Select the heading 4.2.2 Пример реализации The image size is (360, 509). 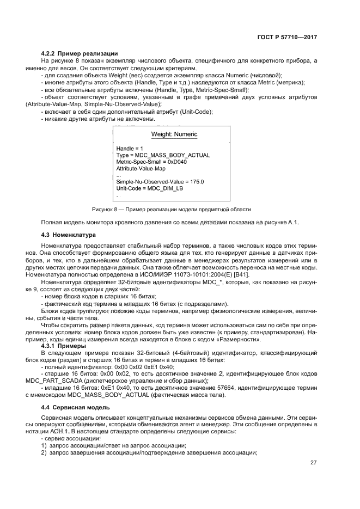[x=80, y=53]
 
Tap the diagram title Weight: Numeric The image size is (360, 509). [x=174, y=134]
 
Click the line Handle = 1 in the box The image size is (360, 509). [x=130, y=148]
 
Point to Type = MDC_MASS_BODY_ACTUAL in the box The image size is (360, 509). [x=163, y=155]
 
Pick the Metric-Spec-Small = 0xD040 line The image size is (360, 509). [x=152, y=162]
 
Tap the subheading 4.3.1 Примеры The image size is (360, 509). [x=63, y=346]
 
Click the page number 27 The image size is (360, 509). [x=313, y=463]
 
